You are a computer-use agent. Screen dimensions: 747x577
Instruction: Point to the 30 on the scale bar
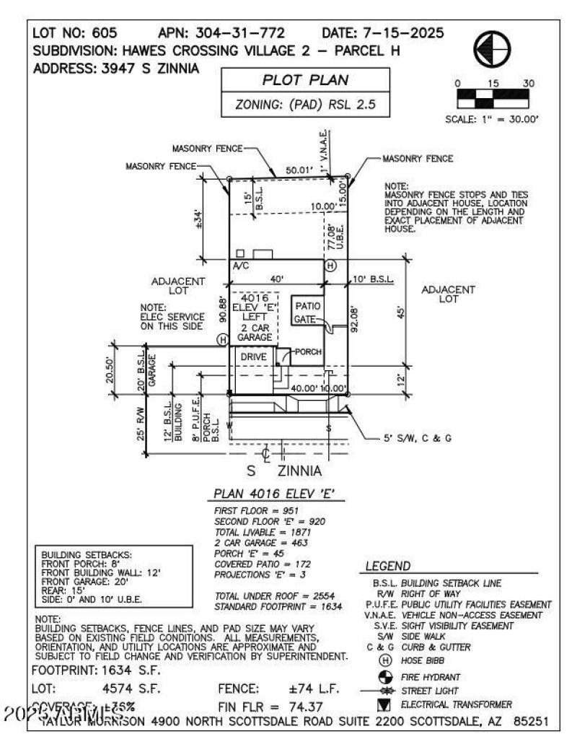point(529,84)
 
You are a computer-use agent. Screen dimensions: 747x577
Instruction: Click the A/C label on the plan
point(240,266)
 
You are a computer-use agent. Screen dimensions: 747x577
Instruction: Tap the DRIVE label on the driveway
point(254,357)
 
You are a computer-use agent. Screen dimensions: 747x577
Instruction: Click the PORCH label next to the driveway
point(307,352)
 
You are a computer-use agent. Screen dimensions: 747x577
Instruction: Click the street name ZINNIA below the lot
point(299,471)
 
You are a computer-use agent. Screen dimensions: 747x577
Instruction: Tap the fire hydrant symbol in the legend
point(383,677)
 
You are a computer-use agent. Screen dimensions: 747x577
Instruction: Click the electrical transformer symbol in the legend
point(383,704)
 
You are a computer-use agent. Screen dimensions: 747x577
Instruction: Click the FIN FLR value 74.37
point(307,706)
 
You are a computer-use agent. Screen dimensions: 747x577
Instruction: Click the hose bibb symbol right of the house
point(331,266)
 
